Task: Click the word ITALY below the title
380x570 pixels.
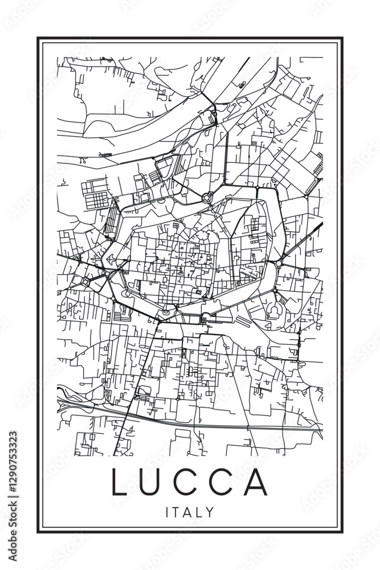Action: pyautogui.click(x=190, y=512)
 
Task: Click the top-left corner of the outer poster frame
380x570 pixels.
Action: pyautogui.click(x=38, y=38)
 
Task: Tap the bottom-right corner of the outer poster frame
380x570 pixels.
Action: pyautogui.click(x=342, y=532)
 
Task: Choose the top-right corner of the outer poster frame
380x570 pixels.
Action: pyautogui.click(x=342, y=38)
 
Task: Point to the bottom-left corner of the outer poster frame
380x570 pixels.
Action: pyautogui.click(x=38, y=532)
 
